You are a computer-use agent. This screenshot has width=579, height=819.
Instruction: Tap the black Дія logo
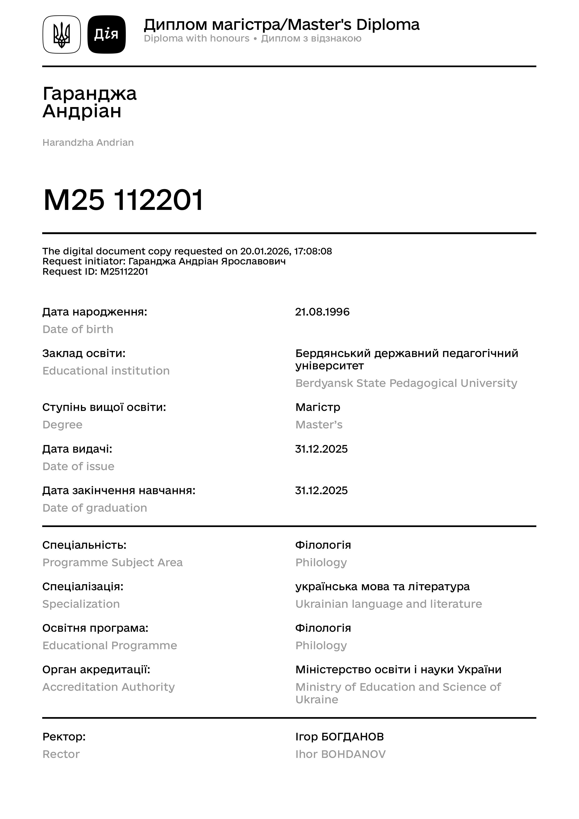pos(106,35)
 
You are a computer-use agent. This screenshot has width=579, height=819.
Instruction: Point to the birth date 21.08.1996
pos(322,312)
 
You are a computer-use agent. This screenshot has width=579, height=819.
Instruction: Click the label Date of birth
pos(78,329)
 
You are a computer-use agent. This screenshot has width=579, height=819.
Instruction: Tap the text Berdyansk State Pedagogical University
pos(406,383)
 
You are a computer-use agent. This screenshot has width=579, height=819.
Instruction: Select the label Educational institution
pos(106,371)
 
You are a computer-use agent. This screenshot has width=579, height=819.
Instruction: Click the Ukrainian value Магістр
pos(318,407)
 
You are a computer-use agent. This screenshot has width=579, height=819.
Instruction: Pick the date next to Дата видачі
pos(321,449)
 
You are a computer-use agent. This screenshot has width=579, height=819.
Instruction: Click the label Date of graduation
pos(94,508)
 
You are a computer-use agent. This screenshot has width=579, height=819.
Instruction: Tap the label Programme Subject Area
pos(112,562)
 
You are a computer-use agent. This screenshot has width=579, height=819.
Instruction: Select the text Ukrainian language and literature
pos(388,604)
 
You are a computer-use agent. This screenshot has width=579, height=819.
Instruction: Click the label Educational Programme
pos(110,646)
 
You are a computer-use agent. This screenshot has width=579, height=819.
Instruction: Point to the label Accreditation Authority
pos(108,687)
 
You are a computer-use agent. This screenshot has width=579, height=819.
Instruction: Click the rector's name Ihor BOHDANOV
pos(340,754)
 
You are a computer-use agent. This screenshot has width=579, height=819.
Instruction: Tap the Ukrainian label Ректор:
pos(64,737)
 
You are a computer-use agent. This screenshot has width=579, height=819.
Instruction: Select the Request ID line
pos(95,272)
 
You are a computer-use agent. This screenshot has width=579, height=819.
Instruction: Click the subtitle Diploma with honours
pos(197,38)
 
